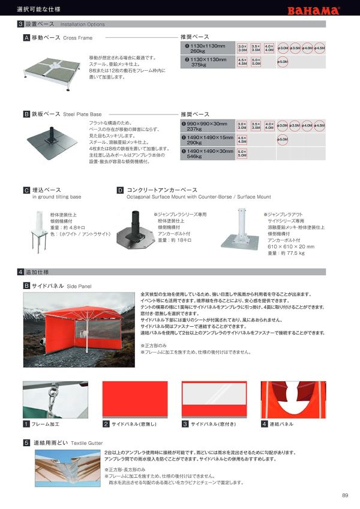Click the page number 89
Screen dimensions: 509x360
pos(345,495)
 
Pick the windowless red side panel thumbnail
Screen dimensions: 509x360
pos(135,399)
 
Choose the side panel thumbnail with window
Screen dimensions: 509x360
pos(214,399)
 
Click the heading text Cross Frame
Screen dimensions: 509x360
pos(77,38)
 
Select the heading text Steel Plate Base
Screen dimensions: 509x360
pos(82,113)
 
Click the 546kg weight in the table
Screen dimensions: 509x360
pos(195,156)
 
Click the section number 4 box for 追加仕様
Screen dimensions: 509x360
pos(20,272)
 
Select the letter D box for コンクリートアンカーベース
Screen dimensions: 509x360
pos(120,190)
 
